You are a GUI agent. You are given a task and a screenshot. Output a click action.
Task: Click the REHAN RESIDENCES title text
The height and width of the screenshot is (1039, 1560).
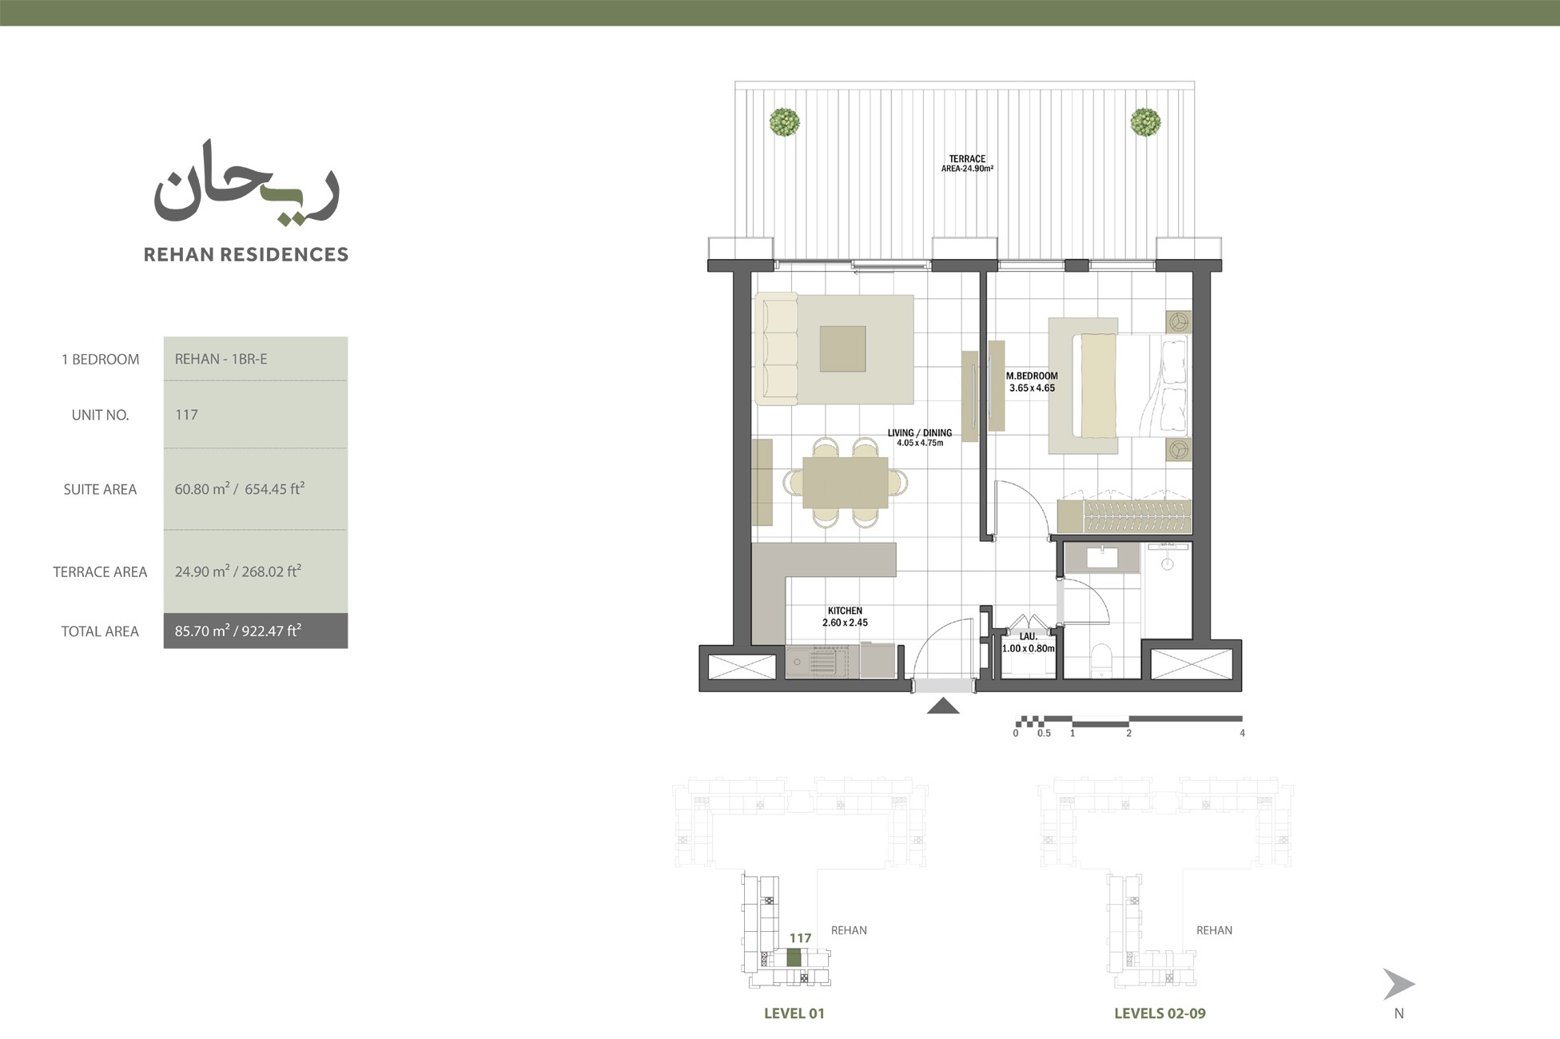(x=245, y=254)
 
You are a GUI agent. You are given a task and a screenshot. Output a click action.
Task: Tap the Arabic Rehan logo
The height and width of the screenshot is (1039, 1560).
(x=246, y=186)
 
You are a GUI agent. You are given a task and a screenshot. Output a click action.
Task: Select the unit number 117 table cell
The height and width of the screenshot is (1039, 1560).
(x=255, y=414)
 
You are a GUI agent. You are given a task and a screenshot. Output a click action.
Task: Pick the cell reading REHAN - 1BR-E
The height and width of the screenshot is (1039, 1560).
(x=255, y=359)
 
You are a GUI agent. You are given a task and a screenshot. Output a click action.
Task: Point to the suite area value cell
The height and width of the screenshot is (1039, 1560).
(x=255, y=489)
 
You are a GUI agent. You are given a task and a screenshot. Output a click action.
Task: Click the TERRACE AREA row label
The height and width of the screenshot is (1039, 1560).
(x=100, y=571)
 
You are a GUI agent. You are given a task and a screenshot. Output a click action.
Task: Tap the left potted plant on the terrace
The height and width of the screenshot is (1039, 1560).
(x=784, y=122)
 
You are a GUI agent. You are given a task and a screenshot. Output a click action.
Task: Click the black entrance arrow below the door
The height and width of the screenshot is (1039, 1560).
(x=943, y=705)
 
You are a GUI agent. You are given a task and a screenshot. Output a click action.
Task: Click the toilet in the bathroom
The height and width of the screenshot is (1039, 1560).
(x=1100, y=659)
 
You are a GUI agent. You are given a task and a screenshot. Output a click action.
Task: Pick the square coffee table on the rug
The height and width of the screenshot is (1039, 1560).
(x=842, y=348)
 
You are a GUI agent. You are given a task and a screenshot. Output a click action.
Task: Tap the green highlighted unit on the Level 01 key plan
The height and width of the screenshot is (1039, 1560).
(x=794, y=957)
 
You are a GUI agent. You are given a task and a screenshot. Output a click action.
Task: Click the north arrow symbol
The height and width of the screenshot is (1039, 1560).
(x=1398, y=984)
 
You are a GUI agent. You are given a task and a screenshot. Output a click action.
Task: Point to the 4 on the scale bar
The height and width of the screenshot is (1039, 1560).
(x=1242, y=733)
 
